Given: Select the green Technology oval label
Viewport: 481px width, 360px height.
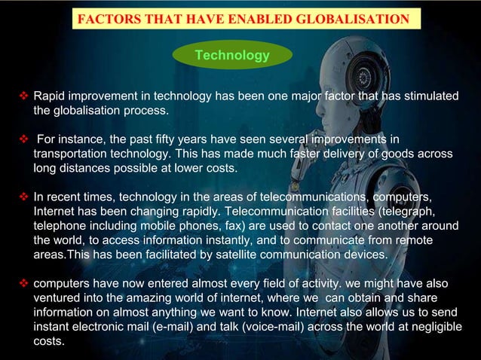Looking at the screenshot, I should coord(232,55).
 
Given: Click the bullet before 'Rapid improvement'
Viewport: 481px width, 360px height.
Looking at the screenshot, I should coord(23,97).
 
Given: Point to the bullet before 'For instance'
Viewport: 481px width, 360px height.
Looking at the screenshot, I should coord(23,139).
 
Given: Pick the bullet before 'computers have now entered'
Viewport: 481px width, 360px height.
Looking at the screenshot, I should coord(23,284).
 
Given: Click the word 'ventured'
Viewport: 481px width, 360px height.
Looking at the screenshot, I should coord(58,298).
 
